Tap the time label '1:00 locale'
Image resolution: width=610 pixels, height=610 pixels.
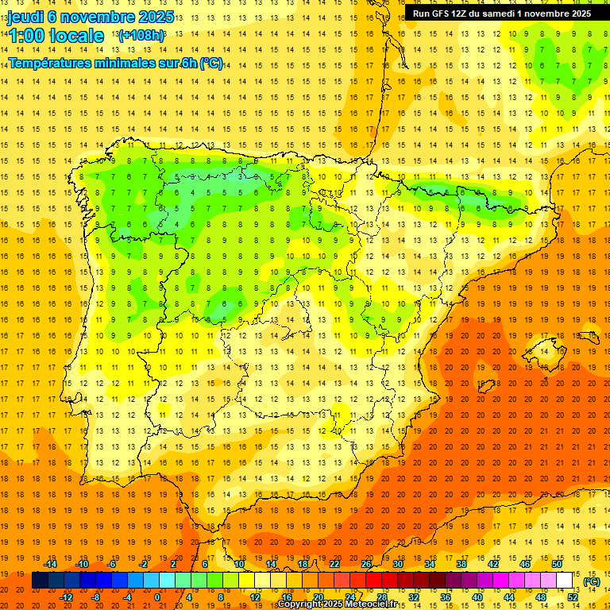[56, 36]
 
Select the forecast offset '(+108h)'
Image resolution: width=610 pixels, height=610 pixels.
[141, 36]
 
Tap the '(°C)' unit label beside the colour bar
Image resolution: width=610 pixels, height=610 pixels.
[591, 581]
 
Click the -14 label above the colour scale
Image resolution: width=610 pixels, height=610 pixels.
[51, 564]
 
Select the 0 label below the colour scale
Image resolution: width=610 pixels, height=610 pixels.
[157, 597]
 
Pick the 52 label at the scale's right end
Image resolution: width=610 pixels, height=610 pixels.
[573, 597]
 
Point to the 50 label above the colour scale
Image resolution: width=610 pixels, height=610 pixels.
[557, 564]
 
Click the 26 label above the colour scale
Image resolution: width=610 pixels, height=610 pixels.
[366, 564]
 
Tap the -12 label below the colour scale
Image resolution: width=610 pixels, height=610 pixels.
[67, 597]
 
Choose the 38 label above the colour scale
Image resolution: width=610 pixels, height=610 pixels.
[461, 564]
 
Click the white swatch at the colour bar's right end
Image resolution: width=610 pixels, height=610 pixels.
[564, 581]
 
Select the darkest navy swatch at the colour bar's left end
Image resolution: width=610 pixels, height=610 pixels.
[40, 581]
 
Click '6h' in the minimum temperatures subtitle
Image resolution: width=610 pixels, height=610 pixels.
[189, 63]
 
